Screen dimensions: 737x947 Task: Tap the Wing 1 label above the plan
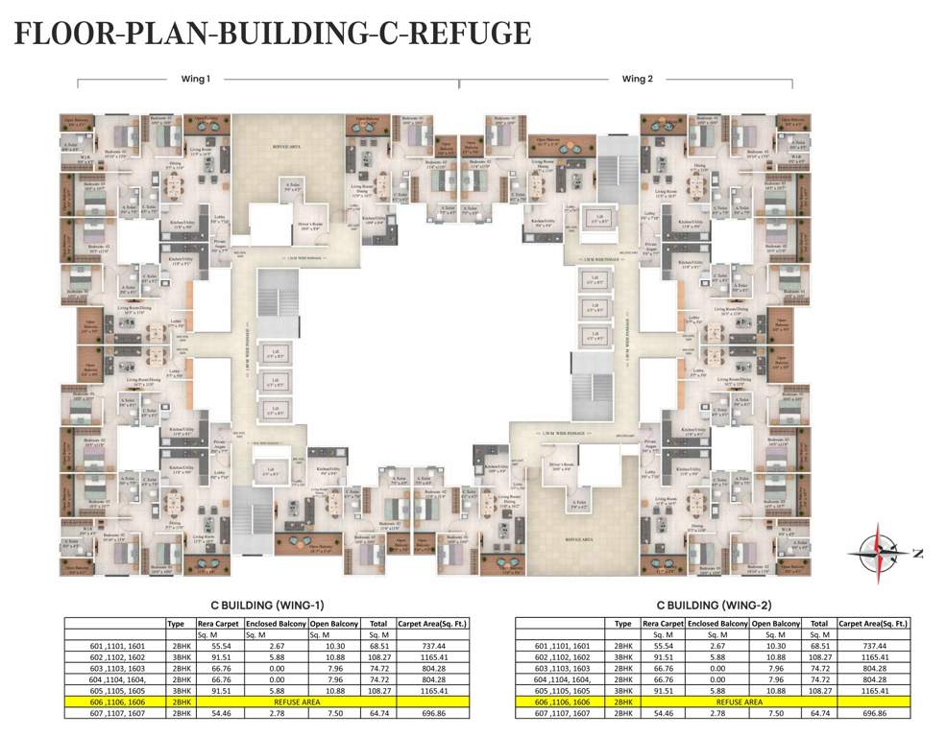coord(195,79)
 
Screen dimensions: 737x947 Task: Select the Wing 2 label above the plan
coord(637,79)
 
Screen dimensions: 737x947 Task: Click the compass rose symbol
coord(882,552)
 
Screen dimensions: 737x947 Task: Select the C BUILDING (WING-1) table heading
coord(267,606)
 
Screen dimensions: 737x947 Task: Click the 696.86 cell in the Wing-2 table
coord(874,714)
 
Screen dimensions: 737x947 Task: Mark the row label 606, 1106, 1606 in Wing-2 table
coord(558,702)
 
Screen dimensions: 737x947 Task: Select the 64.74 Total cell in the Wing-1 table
coord(378,714)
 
